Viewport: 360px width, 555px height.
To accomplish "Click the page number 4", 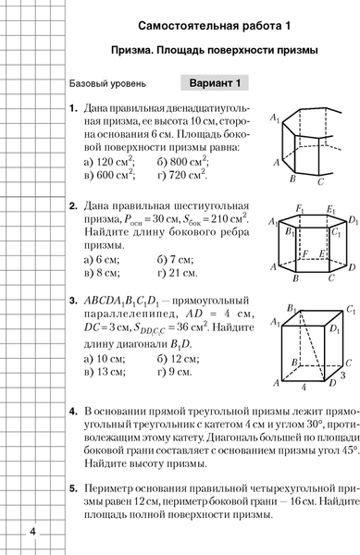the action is pos(33,531).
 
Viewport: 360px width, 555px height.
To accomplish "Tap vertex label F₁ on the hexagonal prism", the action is pos(299,210).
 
